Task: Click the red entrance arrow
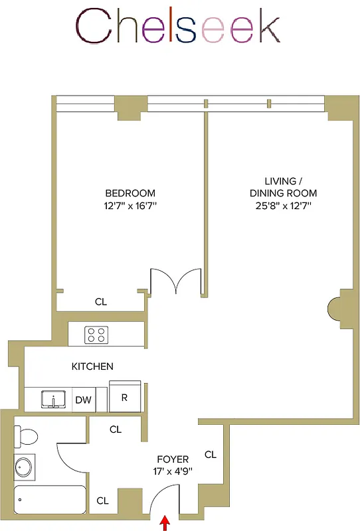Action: (x=165, y=524)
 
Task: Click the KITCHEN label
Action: (x=92, y=366)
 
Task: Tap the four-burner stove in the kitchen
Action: (x=97, y=335)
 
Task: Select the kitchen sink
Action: (x=52, y=400)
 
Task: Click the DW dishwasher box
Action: (x=83, y=400)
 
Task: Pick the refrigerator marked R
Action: (x=124, y=398)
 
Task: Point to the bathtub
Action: (x=50, y=500)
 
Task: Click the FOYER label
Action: (x=172, y=459)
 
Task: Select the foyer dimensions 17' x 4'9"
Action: (x=172, y=471)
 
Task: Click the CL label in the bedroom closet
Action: (x=100, y=301)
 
